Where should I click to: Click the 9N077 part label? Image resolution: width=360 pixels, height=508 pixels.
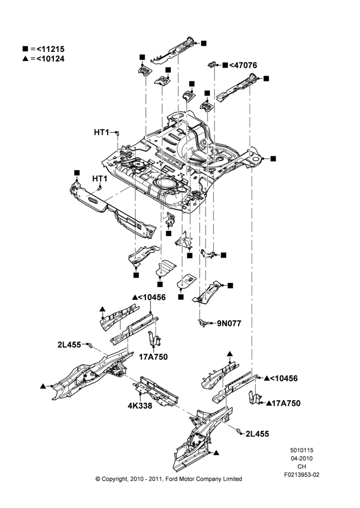(229, 323)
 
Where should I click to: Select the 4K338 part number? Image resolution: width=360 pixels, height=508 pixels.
(140, 405)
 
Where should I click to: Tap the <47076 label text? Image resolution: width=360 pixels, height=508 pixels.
(243, 65)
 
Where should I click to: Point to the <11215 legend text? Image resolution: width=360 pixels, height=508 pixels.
(50, 49)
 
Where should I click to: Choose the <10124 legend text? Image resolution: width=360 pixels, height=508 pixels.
(50, 58)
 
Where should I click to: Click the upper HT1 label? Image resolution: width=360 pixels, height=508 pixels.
(102, 132)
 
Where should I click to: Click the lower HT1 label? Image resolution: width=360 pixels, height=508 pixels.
(100, 178)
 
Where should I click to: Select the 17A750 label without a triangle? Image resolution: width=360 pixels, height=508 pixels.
(154, 357)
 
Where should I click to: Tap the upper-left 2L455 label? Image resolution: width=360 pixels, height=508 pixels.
(69, 345)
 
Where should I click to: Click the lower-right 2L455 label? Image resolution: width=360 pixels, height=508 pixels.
(257, 434)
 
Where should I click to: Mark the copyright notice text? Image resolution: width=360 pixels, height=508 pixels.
(169, 479)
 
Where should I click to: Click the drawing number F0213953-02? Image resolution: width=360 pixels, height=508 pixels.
(302, 474)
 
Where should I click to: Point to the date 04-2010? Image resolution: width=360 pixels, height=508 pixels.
(302, 458)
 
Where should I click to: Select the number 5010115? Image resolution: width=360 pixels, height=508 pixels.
(302, 450)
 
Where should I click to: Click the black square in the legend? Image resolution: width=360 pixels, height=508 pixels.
(25, 49)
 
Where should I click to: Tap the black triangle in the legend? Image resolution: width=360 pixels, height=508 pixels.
(25, 58)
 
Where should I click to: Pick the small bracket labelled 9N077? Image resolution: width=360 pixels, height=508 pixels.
(204, 323)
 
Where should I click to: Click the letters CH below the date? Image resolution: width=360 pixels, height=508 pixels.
(302, 466)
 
